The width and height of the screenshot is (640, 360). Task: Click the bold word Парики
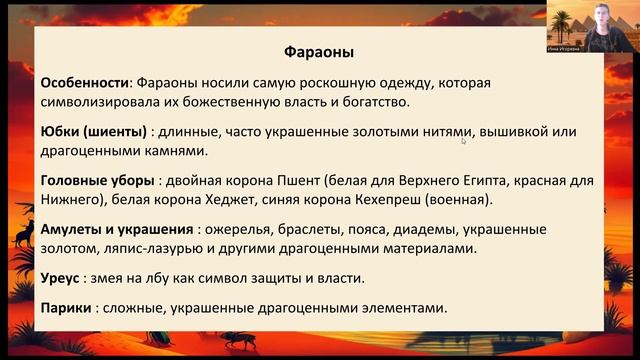coord(68,307)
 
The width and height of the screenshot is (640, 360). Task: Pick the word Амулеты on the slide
coord(77,228)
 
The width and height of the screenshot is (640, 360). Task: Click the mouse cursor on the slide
coord(464,141)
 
